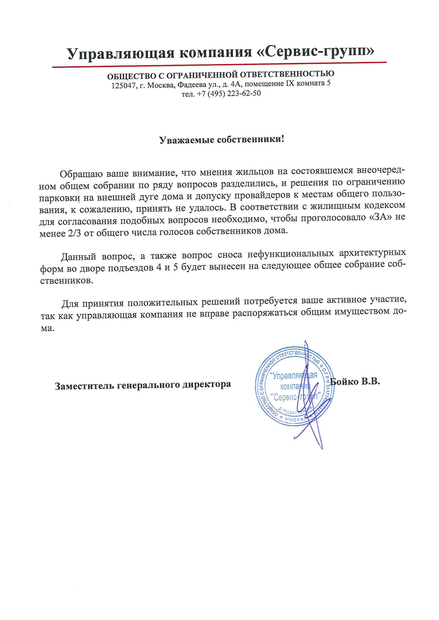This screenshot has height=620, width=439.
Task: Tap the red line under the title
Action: click(219, 65)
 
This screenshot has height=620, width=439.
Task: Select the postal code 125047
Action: click(123, 86)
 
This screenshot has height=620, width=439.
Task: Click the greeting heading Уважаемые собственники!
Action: click(221, 139)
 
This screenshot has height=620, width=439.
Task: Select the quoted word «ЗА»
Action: click(380, 217)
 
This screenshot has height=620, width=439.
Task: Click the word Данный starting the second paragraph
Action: click(78, 256)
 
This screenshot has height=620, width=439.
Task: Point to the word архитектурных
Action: click(372, 253)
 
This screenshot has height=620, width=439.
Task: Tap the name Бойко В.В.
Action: click(355, 382)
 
